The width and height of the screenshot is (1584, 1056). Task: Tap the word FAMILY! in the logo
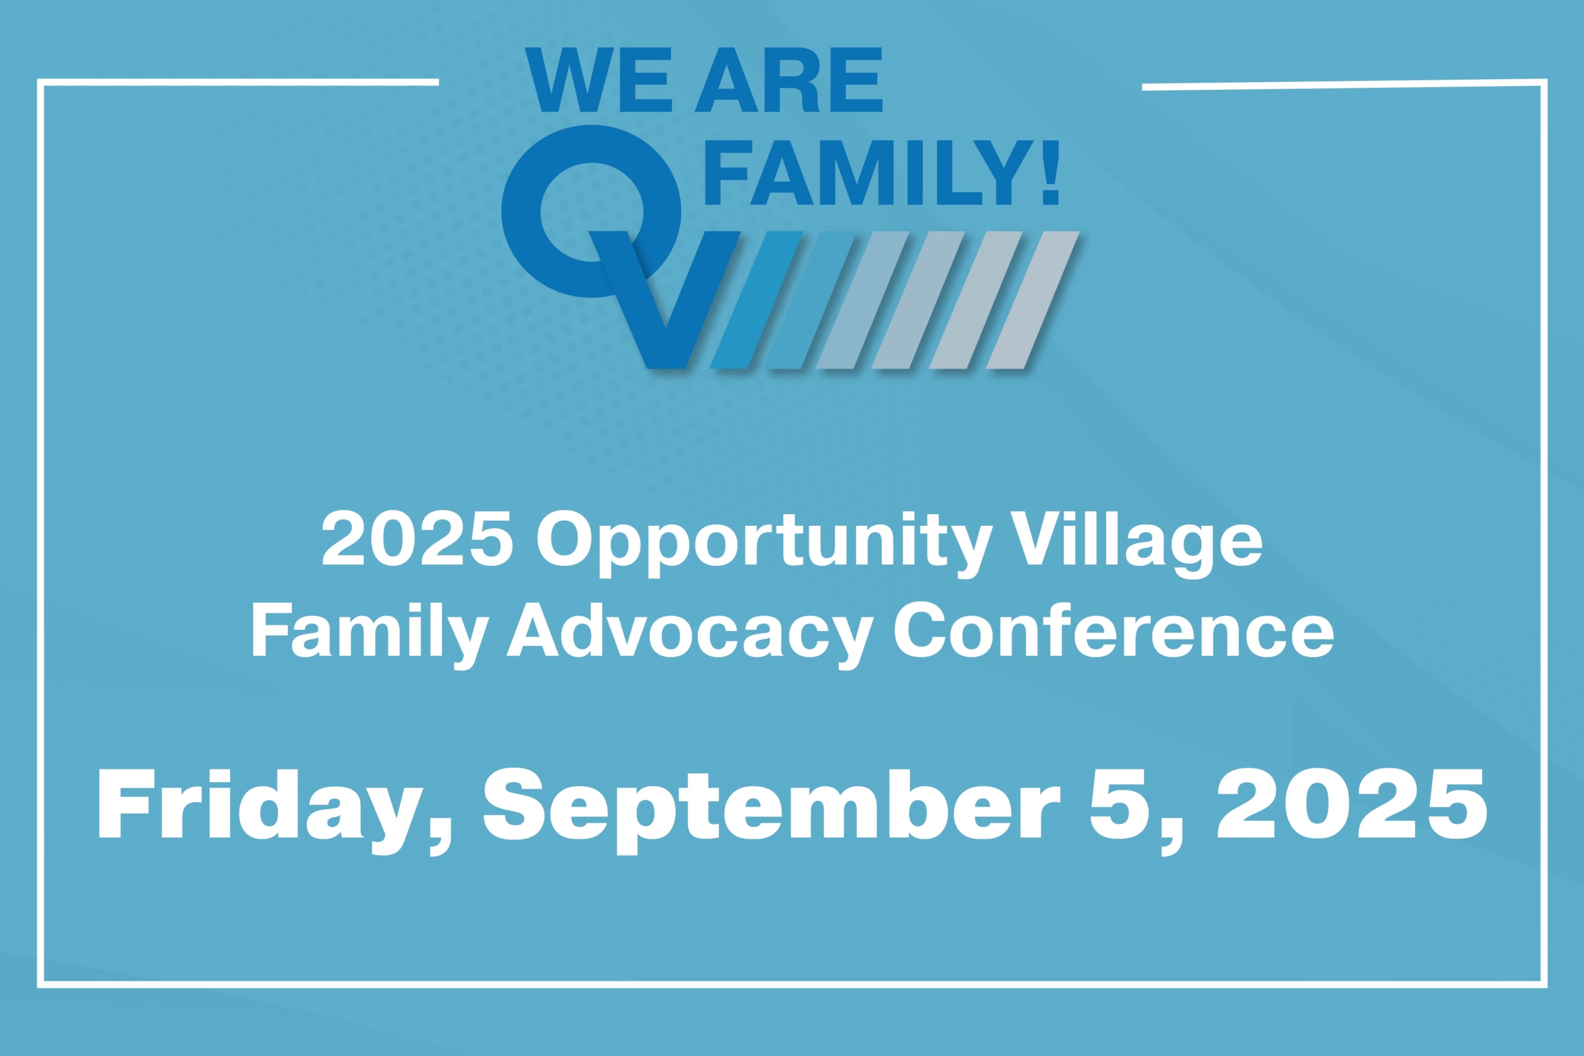coord(882,173)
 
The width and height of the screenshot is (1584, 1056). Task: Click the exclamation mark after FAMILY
coord(1050,173)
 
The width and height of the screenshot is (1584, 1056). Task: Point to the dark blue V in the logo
coord(665,299)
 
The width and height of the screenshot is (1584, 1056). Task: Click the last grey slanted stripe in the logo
coord(1033,299)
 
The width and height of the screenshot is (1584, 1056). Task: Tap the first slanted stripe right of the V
coord(755,299)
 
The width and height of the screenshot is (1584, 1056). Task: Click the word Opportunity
coord(764,544)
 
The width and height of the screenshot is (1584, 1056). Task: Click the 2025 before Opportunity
coord(418,539)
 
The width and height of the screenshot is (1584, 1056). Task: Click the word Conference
coord(1113,630)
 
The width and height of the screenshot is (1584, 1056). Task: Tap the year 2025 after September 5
coord(1353,804)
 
